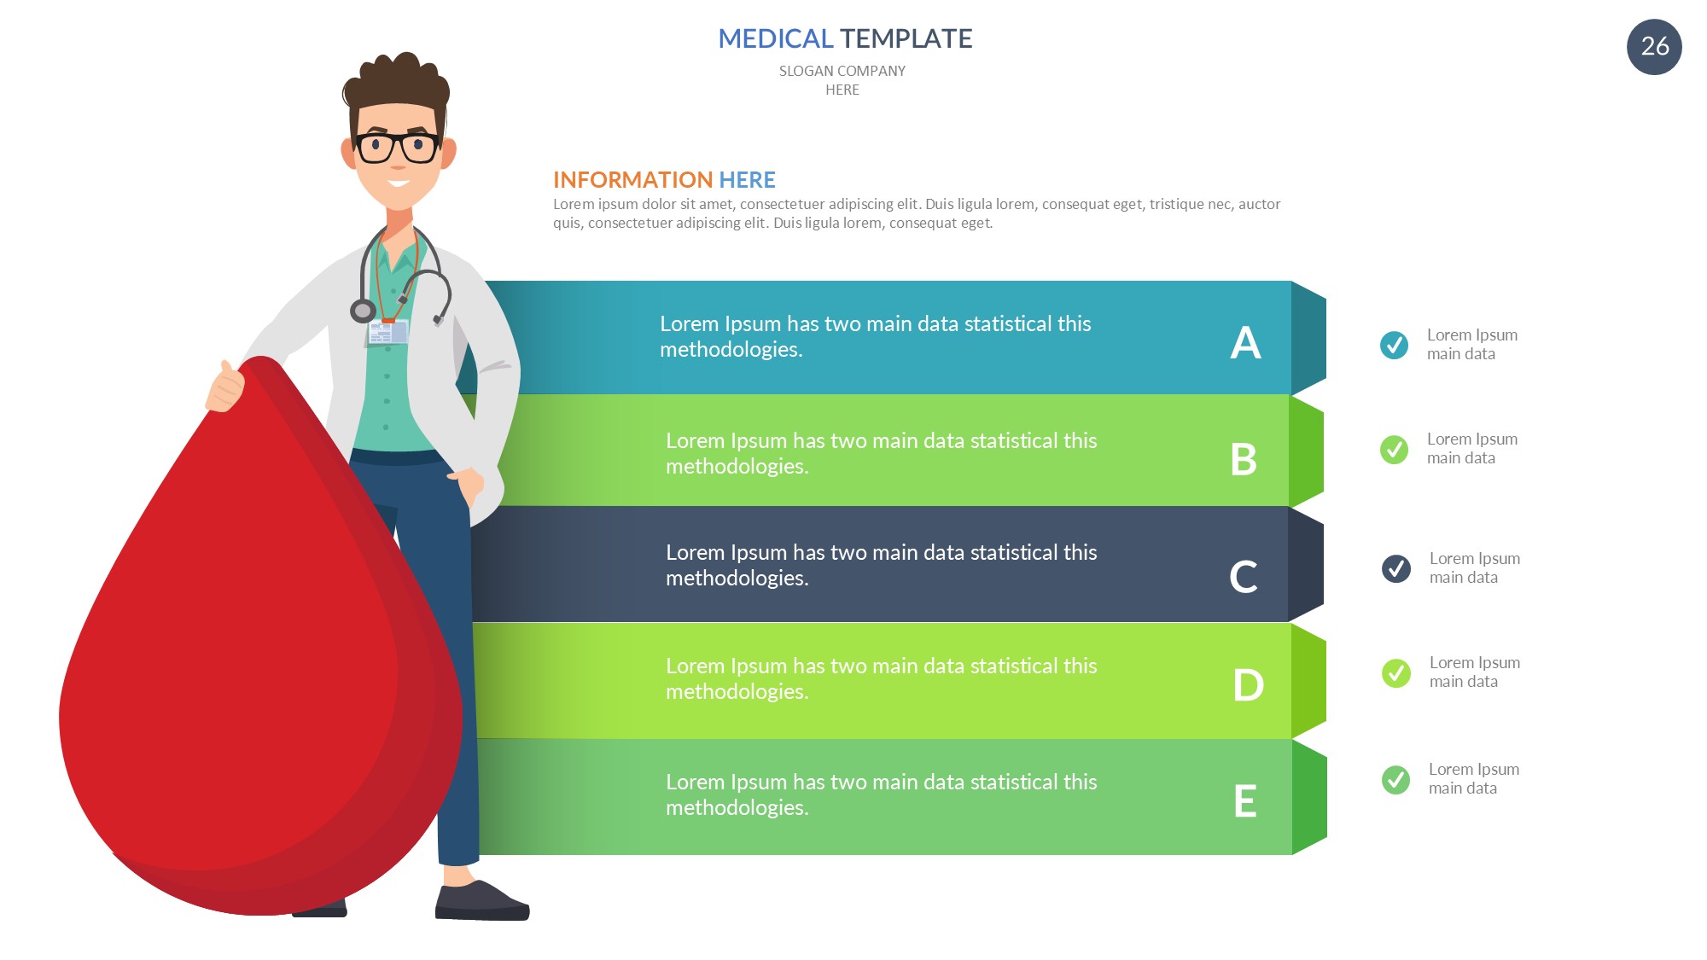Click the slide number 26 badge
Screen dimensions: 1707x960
pyautogui.click(x=1654, y=47)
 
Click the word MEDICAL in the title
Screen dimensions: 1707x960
pyautogui.click(x=775, y=38)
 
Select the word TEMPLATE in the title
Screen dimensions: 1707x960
pyautogui.click(x=906, y=38)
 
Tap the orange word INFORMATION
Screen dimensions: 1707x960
pyautogui.click(x=632, y=180)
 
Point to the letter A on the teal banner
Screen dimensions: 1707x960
pyautogui.click(x=1245, y=343)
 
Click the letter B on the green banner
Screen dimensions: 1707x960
pyautogui.click(x=1244, y=459)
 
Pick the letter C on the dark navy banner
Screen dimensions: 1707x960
pyautogui.click(x=1244, y=576)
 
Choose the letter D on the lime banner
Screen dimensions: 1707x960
pyautogui.click(x=1248, y=684)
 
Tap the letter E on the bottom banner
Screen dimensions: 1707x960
pyautogui.click(x=1245, y=800)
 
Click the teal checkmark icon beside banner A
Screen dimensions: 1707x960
pyautogui.click(x=1394, y=345)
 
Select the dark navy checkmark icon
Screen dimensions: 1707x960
pyautogui.click(x=1396, y=568)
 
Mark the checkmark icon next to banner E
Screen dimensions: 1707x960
pyautogui.click(x=1396, y=779)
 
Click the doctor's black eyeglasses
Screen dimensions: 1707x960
pyautogui.click(x=398, y=147)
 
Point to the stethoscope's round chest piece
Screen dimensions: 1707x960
pyautogui.click(x=363, y=311)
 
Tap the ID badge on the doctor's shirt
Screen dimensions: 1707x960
pyautogui.click(x=387, y=332)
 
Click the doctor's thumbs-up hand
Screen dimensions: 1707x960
pyautogui.click(x=225, y=387)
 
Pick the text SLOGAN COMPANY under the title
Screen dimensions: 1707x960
pyautogui.click(x=842, y=71)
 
